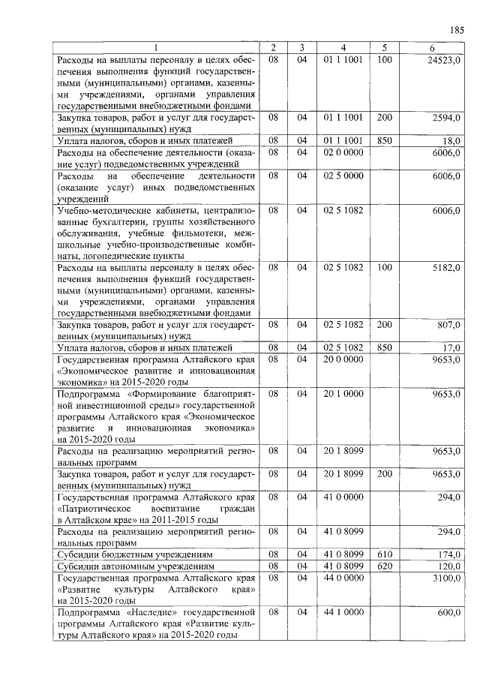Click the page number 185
(x=457, y=31)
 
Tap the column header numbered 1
(x=156, y=49)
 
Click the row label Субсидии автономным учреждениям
(x=136, y=566)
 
